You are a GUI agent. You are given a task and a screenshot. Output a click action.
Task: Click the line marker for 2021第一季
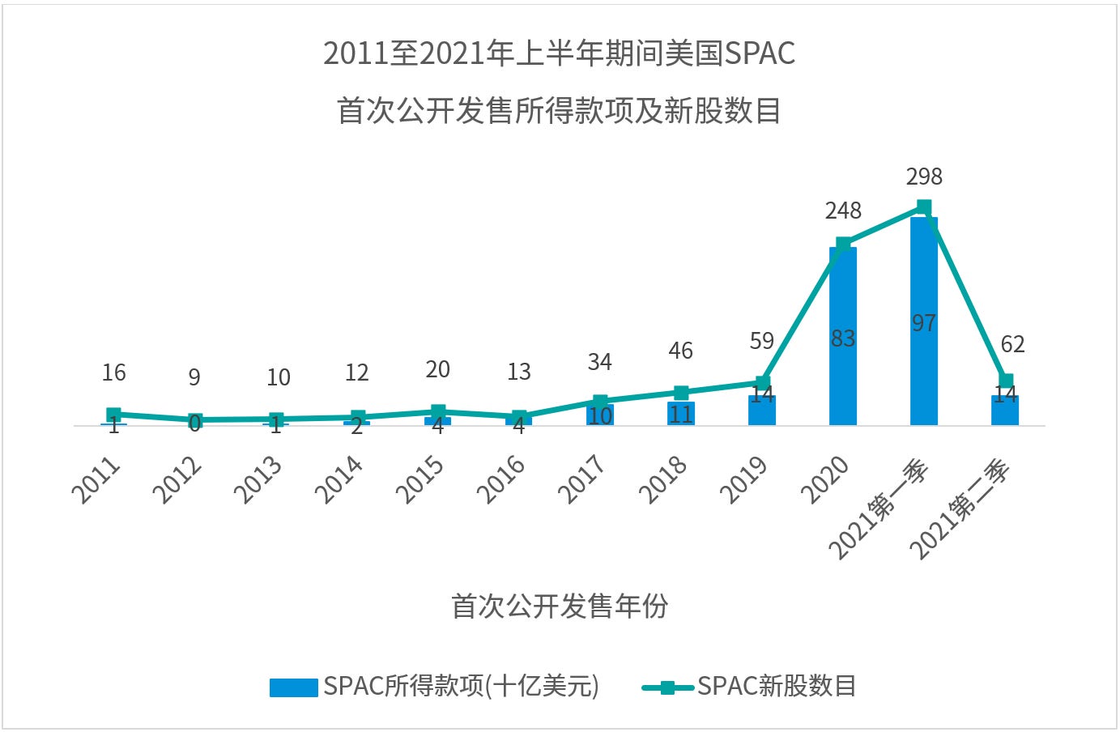(924, 207)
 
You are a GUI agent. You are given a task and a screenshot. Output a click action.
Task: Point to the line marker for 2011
(114, 415)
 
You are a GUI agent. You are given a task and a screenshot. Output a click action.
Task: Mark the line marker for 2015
(438, 411)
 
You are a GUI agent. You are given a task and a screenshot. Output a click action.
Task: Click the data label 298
(924, 177)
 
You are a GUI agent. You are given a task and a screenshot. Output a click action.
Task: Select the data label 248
(843, 211)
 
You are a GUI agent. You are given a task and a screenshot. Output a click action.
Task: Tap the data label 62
(1012, 345)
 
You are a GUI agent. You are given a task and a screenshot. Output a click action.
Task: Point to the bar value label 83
(843, 338)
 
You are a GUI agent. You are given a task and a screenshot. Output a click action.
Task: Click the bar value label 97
(924, 323)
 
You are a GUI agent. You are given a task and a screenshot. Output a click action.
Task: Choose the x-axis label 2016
(501, 479)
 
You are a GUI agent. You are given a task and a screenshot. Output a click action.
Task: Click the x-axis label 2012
(177, 479)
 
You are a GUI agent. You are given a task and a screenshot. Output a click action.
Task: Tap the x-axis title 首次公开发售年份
(560, 606)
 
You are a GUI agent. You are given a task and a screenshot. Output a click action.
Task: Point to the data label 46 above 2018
(681, 351)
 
